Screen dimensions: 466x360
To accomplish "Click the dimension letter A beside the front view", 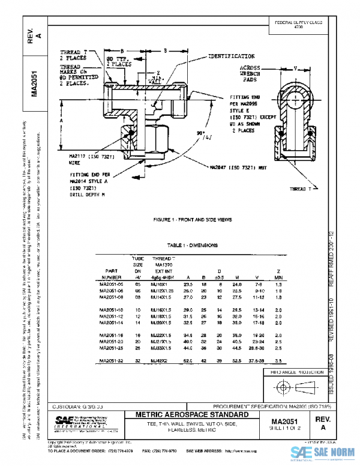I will coord(62,120).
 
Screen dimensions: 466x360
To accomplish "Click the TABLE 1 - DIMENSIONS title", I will coord(192,245).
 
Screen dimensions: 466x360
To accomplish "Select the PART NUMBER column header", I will coord(113,274).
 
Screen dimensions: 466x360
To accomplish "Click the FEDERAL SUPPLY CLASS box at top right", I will coord(298,24).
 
